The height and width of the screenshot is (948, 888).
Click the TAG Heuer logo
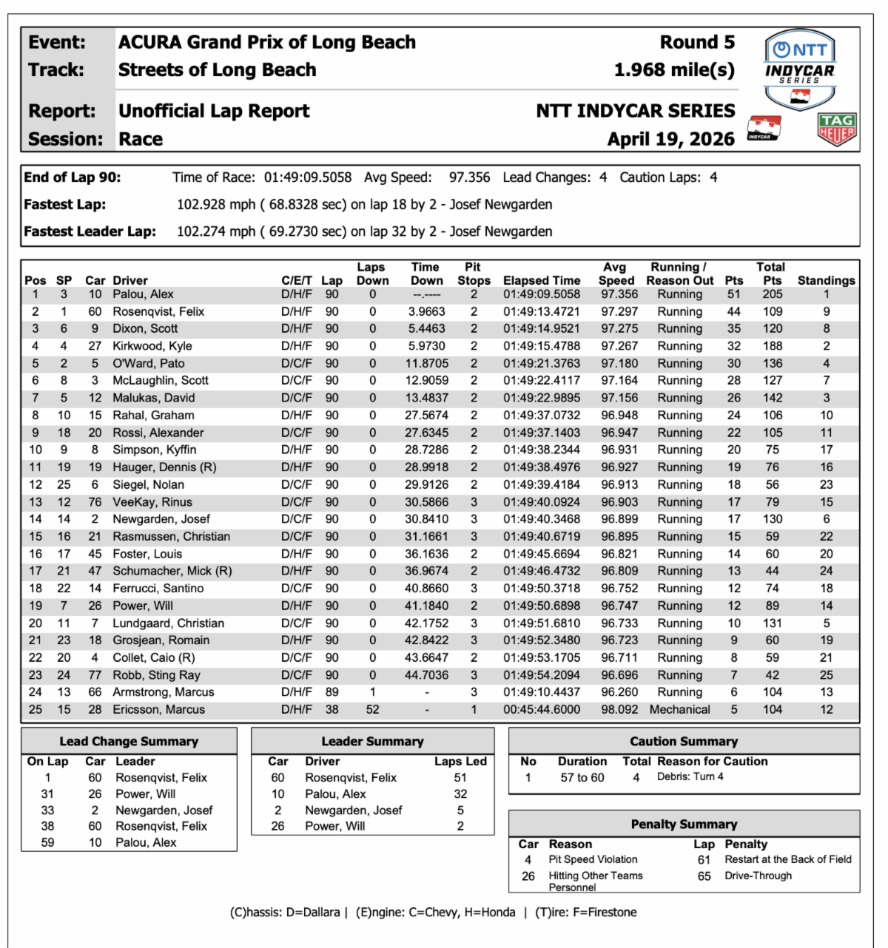click(x=837, y=129)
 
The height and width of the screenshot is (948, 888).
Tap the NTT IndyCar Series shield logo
click(x=799, y=69)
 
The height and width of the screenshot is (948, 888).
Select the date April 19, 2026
click(x=670, y=139)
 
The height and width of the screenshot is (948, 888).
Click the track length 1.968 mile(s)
click(x=674, y=70)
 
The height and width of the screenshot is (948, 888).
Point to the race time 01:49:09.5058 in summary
click(x=308, y=177)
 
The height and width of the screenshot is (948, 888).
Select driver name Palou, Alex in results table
click(x=143, y=294)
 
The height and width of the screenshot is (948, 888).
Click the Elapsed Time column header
click(x=542, y=280)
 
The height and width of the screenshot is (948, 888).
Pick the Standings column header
click(x=826, y=280)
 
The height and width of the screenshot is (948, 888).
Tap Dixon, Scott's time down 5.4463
click(x=427, y=328)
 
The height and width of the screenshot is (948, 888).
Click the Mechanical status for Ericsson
click(x=679, y=709)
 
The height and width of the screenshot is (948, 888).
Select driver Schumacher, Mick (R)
click(x=172, y=571)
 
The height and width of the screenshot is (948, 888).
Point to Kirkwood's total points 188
click(x=773, y=346)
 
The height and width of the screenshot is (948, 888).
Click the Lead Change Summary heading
click(x=129, y=741)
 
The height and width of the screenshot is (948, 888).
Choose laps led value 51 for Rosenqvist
click(x=460, y=777)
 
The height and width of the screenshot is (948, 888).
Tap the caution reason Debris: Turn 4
click(x=690, y=776)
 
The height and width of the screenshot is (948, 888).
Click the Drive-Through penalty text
click(x=758, y=876)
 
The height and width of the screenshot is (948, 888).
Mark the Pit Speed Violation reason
click(x=593, y=859)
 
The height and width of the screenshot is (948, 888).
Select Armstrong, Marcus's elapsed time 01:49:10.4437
click(x=542, y=692)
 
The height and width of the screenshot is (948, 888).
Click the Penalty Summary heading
click(x=684, y=824)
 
